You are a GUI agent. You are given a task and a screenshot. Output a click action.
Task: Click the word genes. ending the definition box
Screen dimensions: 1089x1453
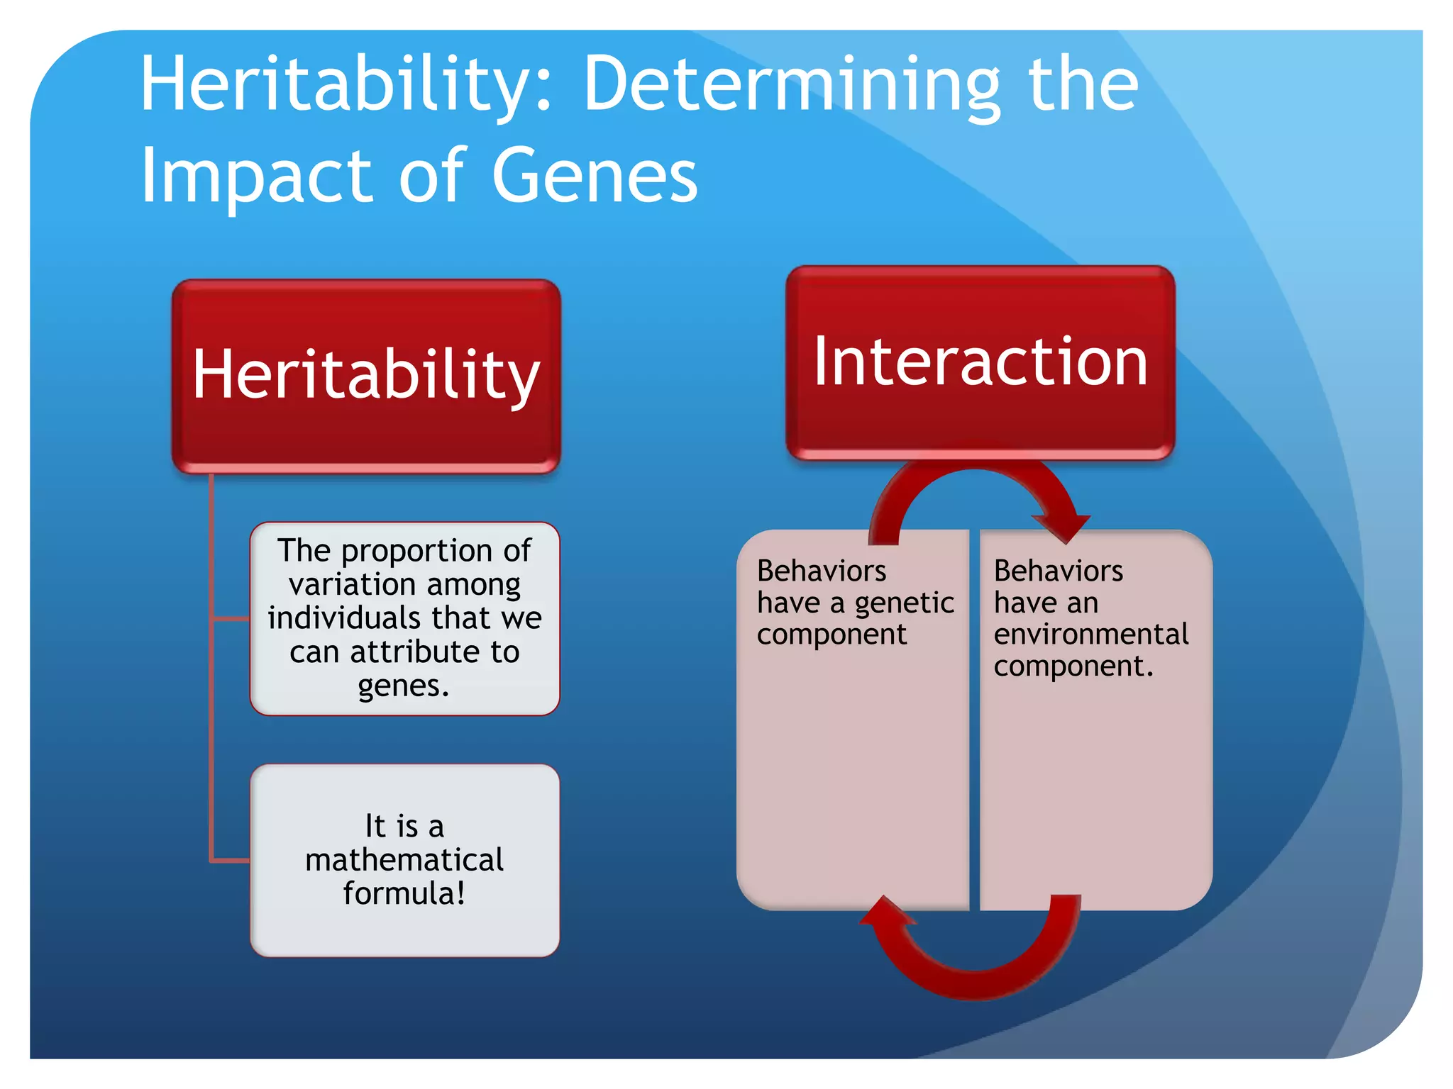(403, 686)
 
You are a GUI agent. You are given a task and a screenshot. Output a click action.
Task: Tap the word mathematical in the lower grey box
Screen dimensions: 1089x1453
(404, 859)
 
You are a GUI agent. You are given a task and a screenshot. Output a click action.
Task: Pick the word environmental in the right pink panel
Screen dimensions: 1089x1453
(1090, 634)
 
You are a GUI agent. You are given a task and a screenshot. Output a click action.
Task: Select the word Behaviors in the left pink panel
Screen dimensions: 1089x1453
(821, 571)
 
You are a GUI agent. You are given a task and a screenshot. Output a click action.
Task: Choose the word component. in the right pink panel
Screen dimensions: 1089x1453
(1073, 666)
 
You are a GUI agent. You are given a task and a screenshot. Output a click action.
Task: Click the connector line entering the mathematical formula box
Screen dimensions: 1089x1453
(231, 861)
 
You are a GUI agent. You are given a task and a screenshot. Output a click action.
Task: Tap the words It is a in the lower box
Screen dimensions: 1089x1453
(404, 826)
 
